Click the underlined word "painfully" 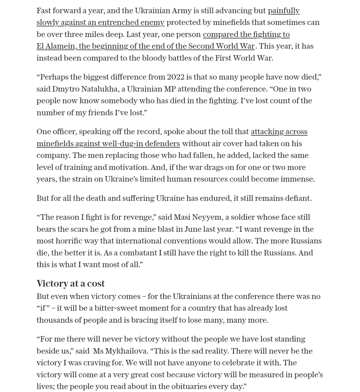pyautogui.click(x=283, y=11)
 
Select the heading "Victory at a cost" pyautogui.click(x=70, y=284)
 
